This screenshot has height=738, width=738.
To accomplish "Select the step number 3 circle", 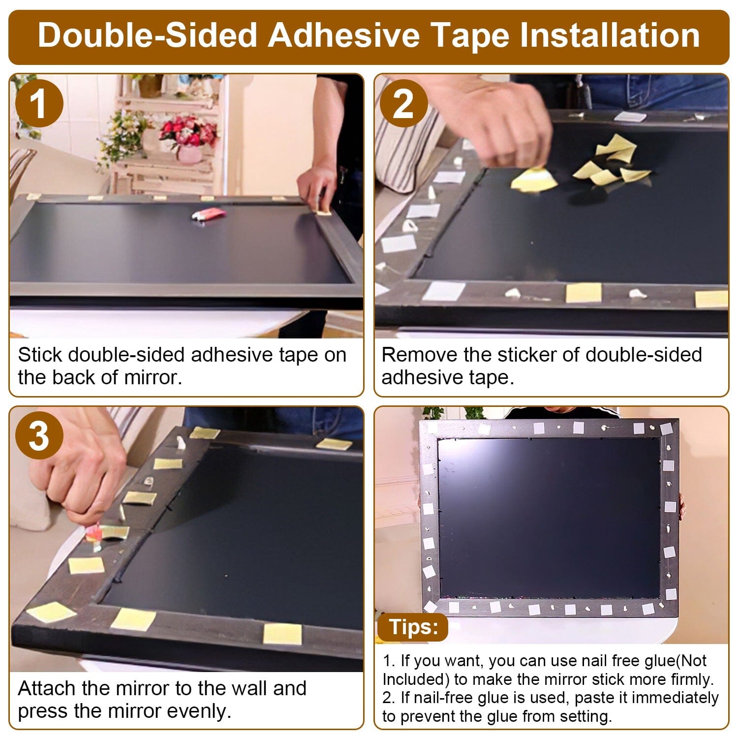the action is [x=39, y=436].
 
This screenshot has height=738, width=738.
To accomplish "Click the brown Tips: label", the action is [x=413, y=627].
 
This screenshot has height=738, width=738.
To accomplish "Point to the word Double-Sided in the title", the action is [x=148, y=35].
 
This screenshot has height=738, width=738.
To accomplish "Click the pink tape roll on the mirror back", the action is [x=208, y=215].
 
